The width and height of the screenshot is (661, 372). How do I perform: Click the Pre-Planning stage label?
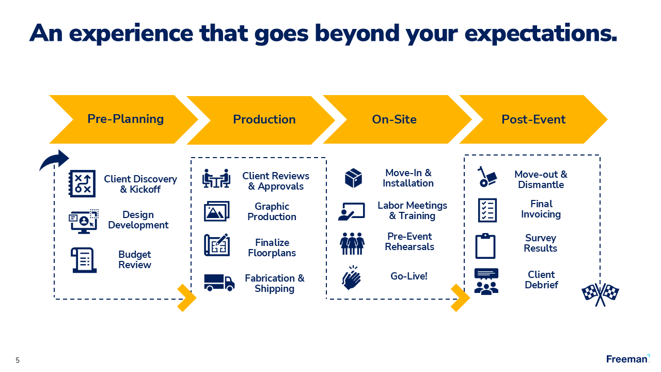[125, 119]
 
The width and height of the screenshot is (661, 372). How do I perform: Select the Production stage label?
[264, 119]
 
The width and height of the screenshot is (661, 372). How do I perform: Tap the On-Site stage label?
[394, 119]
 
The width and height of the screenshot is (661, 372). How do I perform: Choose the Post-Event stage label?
[533, 119]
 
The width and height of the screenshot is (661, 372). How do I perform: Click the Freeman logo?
[628, 359]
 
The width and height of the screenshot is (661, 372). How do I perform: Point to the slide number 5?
[18, 361]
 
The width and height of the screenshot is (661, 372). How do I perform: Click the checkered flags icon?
[600, 294]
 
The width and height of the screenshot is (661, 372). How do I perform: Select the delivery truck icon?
[219, 282]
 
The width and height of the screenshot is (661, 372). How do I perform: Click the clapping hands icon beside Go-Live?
[352, 278]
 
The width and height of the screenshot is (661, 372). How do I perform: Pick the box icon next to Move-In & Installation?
[353, 178]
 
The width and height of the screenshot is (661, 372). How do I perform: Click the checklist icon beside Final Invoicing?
[487, 210]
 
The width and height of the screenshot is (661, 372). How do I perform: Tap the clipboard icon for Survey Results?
[485, 246]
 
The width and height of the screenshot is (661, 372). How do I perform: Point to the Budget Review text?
[135, 260]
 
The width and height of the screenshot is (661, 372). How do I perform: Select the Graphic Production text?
[272, 212]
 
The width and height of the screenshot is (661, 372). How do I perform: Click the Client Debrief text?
[541, 280]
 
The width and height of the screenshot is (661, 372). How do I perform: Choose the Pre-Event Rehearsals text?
[410, 241]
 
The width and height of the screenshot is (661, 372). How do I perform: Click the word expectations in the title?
[541, 33]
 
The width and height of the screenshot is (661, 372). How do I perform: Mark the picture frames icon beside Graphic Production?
[217, 211]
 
